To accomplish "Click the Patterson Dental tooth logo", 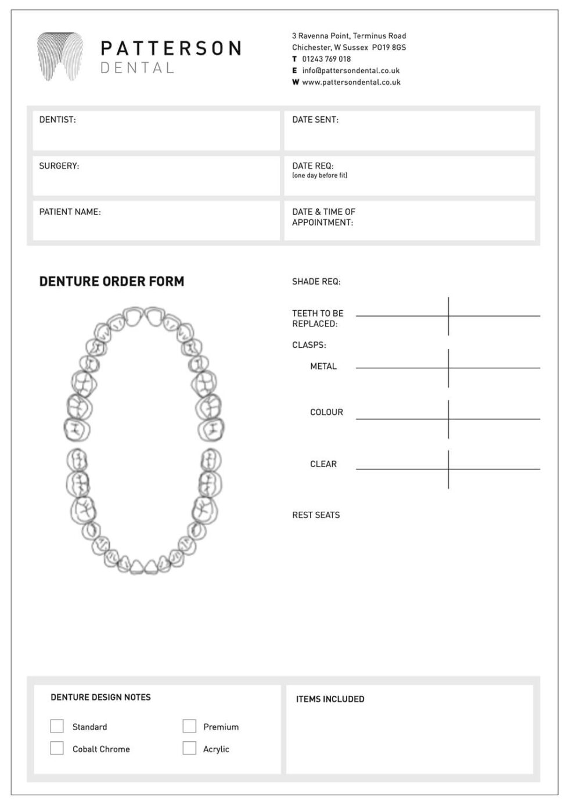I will [x=60, y=56].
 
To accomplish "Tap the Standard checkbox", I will [x=57, y=726].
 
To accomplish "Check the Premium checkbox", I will [x=189, y=726].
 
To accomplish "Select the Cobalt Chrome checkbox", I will [x=57, y=748].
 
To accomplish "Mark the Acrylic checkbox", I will [x=189, y=748].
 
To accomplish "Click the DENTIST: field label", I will [x=57, y=120].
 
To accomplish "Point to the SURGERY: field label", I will [x=59, y=166].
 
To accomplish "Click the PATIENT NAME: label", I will [x=70, y=212].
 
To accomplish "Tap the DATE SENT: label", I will [x=315, y=120].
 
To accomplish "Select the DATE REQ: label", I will [x=313, y=166].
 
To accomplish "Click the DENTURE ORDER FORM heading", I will [x=111, y=282].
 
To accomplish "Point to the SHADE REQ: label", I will [x=316, y=282].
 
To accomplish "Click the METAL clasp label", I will [x=323, y=367].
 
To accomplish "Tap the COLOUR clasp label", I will [x=326, y=412].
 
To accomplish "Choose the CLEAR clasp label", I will [x=323, y=464].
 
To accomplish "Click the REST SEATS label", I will [x=316, y=515].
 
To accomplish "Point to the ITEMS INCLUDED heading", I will [x=330, y=699].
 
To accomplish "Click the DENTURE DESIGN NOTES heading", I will [x=100, y=697].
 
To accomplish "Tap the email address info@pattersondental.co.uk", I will [x=351, y=71].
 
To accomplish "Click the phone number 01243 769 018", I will [x=326, y=59].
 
